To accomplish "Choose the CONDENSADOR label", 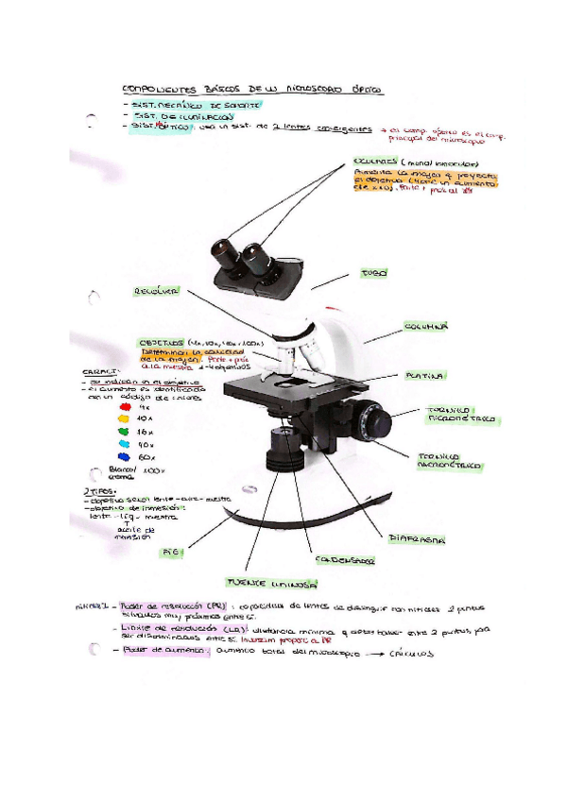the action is [344, 559].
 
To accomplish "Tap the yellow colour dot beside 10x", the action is [123, 418].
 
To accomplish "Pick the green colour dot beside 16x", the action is [123, 430].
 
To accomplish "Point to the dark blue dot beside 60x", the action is [123, 456].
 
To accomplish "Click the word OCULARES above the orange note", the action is [375, 162].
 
